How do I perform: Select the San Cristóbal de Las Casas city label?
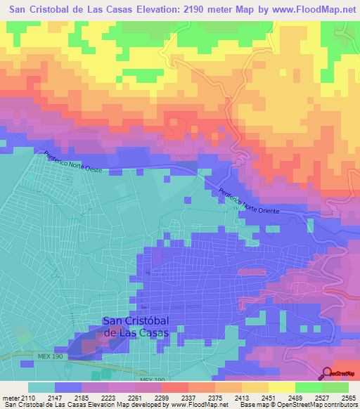point(136,327)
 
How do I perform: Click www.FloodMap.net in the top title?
point(310,10)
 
